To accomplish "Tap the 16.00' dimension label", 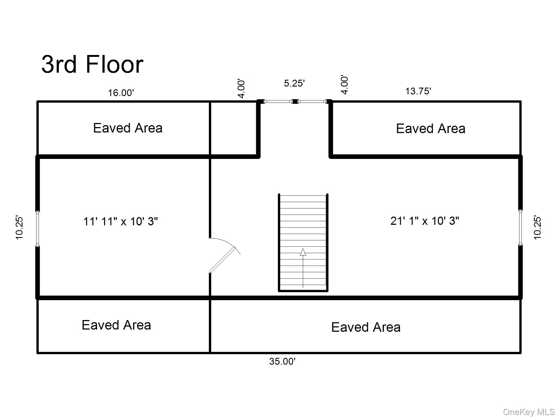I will coord(121,93).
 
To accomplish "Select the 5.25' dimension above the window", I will coord(294,83).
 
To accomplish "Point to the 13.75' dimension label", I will coord(418,91).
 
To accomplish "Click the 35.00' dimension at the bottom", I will coord(282,361).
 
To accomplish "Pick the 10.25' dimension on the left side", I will coord(19,228).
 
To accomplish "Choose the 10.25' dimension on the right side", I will coord(537,228).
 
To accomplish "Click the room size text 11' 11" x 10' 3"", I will coord(120,221).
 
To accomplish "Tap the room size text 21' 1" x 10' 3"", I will coord(424,221).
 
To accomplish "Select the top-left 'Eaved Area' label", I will coord(128,128).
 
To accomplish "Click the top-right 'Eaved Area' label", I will coord(430,129).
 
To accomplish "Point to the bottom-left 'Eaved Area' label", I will coord(116,325).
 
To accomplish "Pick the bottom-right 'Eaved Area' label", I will coord(366,327).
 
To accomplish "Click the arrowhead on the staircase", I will coord(303,252).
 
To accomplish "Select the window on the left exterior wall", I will coord(38,229).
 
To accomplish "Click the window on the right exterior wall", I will coord(520,228).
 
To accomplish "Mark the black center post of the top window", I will coord(295,102).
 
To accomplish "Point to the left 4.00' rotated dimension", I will coord(241,89).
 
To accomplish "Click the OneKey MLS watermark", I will coord(529,412).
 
